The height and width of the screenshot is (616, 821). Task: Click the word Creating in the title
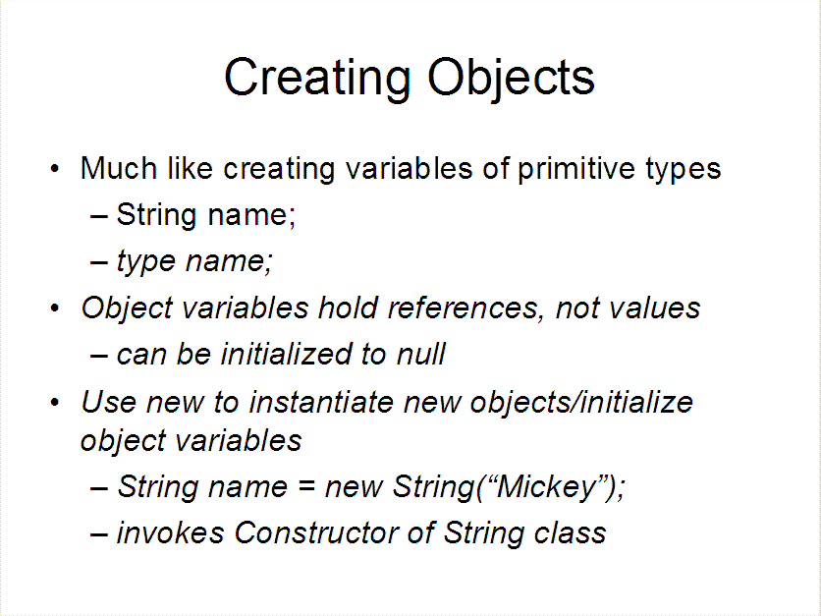tap(317, 78)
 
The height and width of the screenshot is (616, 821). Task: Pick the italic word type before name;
tap(145, 262)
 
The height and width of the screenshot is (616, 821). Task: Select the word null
tap(421, 354)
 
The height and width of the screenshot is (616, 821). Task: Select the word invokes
tap(170, 533)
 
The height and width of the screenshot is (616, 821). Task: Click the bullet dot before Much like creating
tap(55, 169)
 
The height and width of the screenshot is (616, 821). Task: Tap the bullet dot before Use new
tap(55, 403)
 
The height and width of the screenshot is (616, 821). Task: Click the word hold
tap(348, 308)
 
